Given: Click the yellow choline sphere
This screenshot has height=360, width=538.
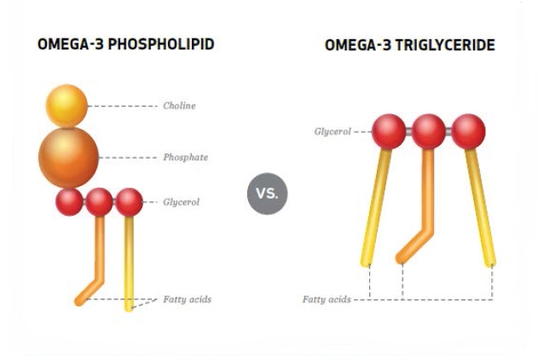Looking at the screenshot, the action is (67, 106).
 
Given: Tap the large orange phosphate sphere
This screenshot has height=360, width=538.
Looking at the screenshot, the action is (68, 158).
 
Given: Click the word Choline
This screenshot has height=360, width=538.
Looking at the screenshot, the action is (179, 106).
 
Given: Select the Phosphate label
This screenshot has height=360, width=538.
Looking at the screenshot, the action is (185, 158).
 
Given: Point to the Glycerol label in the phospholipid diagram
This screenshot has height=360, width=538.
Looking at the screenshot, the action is (181, 202).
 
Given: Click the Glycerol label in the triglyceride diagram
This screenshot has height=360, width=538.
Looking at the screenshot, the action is (333, 131).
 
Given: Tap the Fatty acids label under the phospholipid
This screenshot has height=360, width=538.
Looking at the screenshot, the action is (187, 299).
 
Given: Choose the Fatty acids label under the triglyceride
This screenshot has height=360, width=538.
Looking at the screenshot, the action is (327, 299).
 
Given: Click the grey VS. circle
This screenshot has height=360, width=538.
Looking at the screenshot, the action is (267, 194).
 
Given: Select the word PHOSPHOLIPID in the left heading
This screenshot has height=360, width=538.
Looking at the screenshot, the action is (161, 44).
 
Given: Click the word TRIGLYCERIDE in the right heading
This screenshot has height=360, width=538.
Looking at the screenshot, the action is (445, 45).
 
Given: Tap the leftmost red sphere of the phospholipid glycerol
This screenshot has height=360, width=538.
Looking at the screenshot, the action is (69, 202).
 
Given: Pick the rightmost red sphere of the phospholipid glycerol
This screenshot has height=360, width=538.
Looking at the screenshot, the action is (129, 202).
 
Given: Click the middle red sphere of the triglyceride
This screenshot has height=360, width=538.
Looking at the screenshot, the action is (428, 131).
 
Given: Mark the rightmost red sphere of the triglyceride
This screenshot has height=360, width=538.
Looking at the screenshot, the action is (468, 131).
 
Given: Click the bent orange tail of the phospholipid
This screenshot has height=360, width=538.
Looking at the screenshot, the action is (99, 268).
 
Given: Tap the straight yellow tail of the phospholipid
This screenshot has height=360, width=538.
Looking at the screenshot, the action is (129, 264).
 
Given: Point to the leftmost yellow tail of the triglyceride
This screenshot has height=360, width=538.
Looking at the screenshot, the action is (375, 207).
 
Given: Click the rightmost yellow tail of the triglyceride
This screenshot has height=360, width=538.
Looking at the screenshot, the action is (480, 207).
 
